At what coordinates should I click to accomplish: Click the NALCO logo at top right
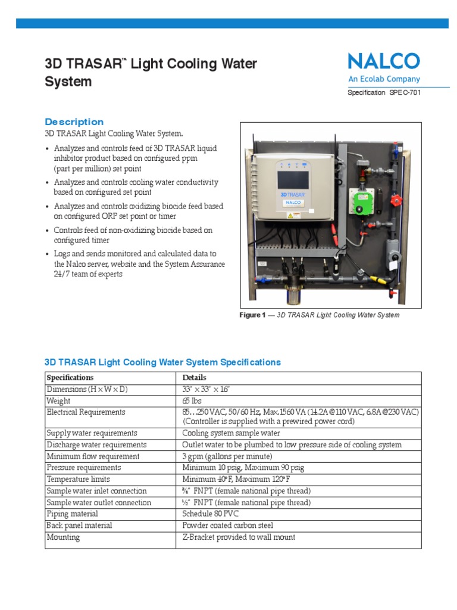(x=384, y=61)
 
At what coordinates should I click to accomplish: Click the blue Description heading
(x=74, y=122)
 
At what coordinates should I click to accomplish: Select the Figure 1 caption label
(x=252, y=315)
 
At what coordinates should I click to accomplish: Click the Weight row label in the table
(x=58, y=401)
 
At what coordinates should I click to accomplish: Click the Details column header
(x=195, y=378)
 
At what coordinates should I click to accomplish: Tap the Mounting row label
(x=63, y=537)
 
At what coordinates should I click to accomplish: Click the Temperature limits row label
(x=78, y=480)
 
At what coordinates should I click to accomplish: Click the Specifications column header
(x=70, y=378)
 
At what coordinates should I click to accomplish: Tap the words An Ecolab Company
(x=384, y=79)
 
